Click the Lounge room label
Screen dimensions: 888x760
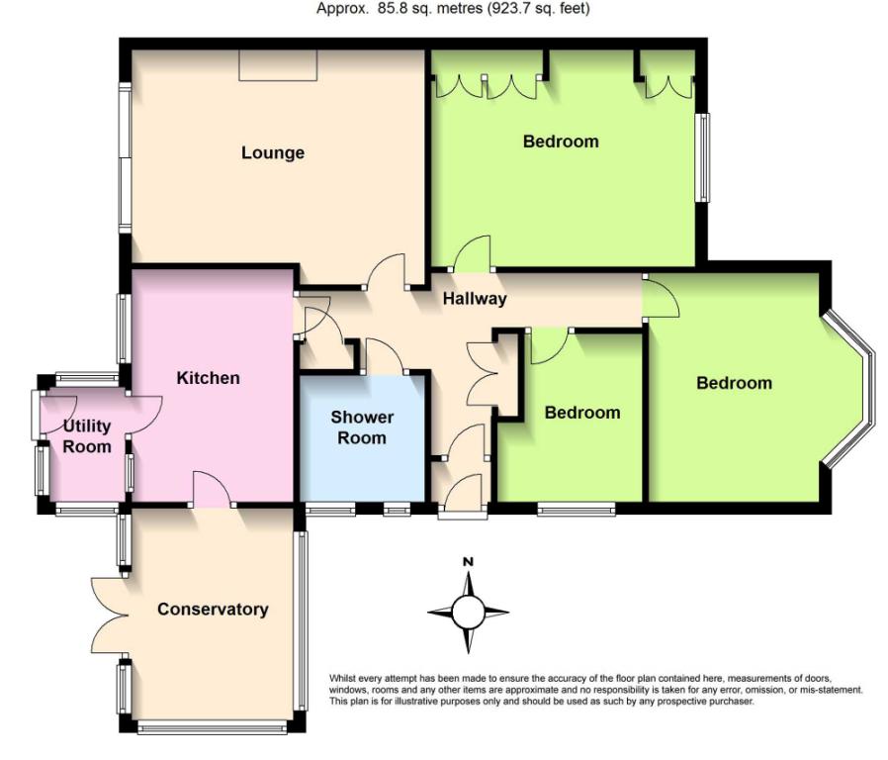click(x=273, y=153)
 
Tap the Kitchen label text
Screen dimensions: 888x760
click(x=208, y=378)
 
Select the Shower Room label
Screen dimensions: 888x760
click(x=362, y=427)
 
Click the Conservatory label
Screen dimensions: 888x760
click(x=213, y=610)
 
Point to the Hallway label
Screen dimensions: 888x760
click(x=475, y=299)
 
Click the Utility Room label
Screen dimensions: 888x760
click(x=87, y=435)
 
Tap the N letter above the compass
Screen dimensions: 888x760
click(x=468, y=562)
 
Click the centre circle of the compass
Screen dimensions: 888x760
click(x=468, y=613)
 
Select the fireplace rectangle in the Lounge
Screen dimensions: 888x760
click(x=278, y=65)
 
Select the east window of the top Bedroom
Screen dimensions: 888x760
click(x=702, y=157)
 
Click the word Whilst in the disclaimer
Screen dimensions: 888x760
click(x=342, y=679)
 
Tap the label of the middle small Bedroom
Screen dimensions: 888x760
click(x=582, y=413)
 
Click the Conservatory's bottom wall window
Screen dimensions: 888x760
click(x=213, y=726)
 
